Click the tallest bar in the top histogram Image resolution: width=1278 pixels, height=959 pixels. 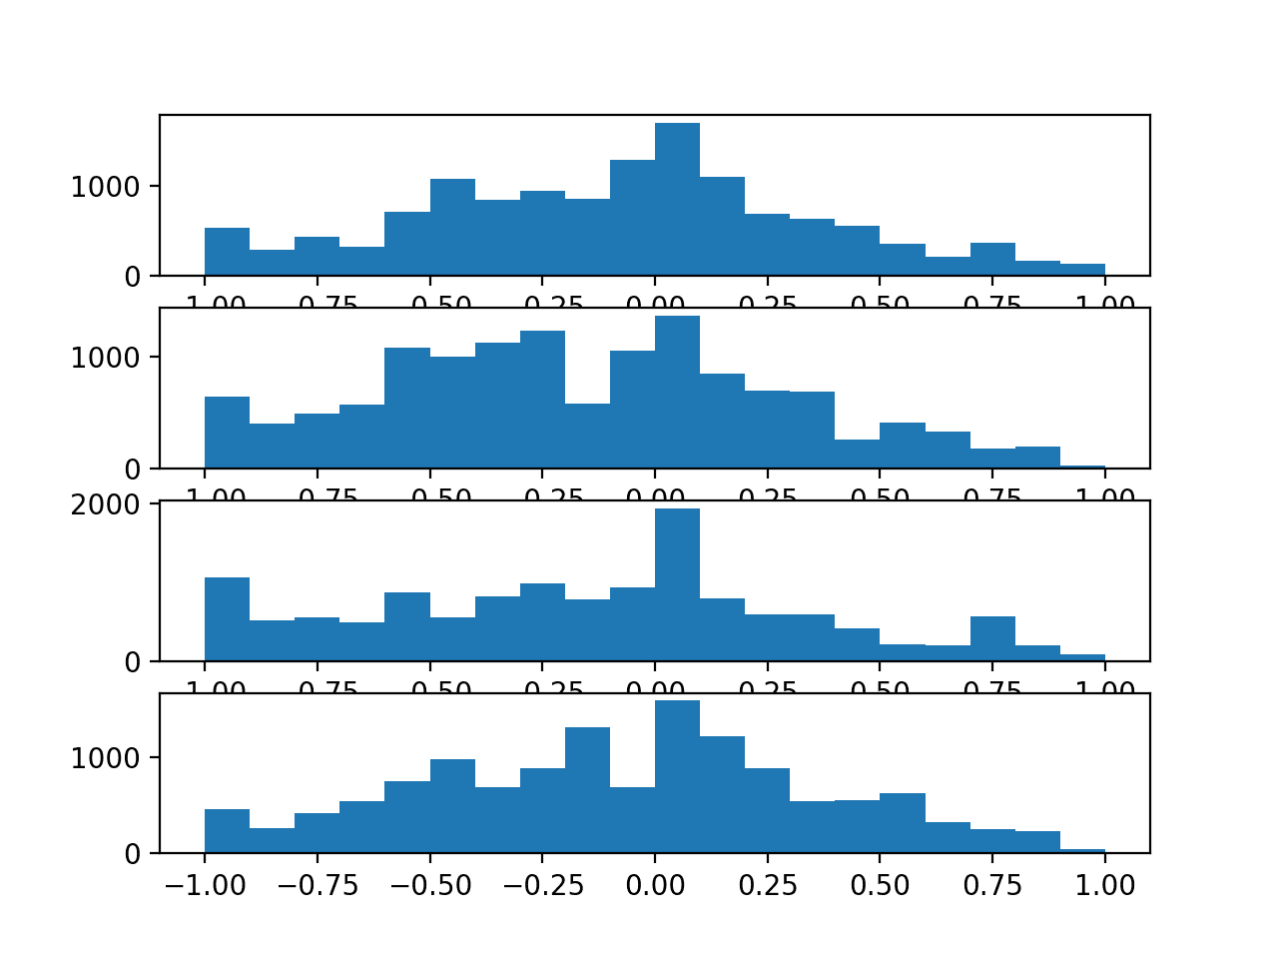click(677, 200)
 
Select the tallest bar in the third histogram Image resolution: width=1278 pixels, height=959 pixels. click(677, 585)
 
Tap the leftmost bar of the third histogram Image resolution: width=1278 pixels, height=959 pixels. click(227, 619)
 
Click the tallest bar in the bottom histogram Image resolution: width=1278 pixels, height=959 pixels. click(677, 777)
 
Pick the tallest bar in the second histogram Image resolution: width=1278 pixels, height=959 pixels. click(677, 393)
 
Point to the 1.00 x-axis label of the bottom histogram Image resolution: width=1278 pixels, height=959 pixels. click(1104, 886)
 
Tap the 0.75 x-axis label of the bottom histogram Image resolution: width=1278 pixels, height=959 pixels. click(991, 886)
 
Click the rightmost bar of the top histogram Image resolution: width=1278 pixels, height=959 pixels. click(1082, 270)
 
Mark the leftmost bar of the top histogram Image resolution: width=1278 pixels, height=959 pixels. click(227, 252)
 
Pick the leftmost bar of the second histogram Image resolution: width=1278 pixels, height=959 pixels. click(227, 433)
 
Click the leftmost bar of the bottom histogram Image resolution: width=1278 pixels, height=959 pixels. click(227, 831)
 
